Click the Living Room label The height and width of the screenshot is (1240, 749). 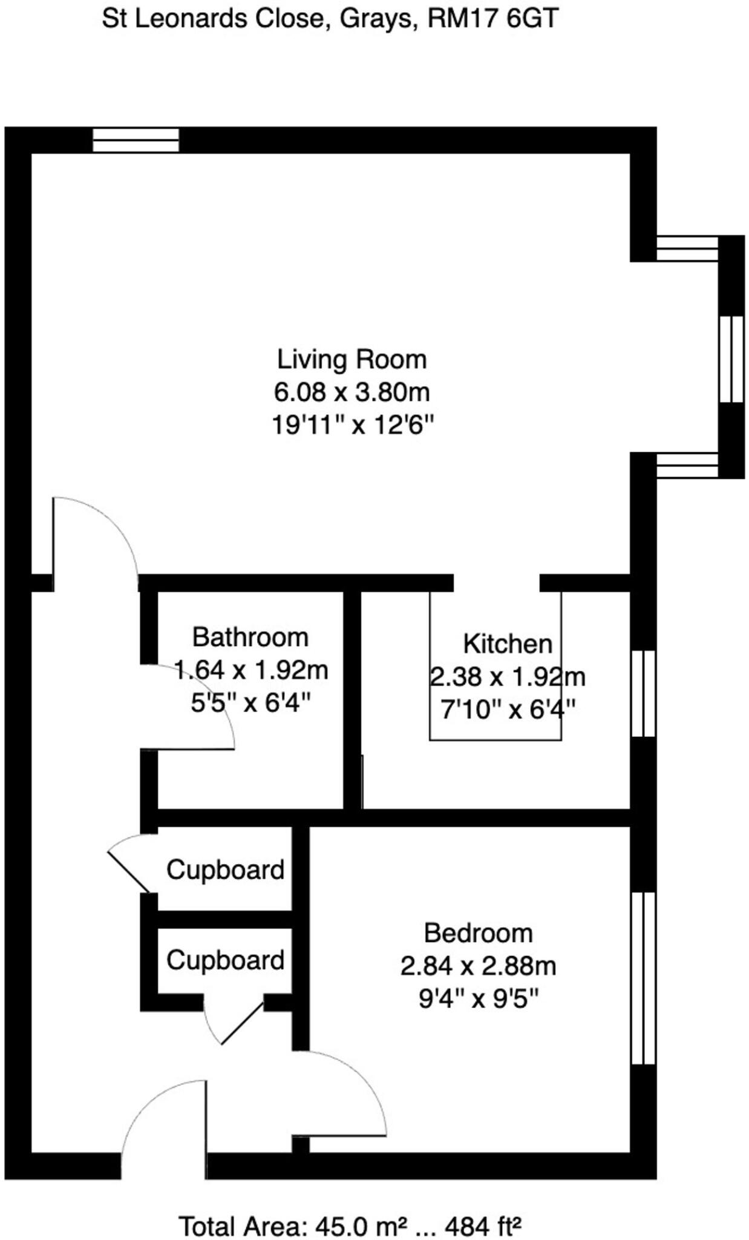(352, 360)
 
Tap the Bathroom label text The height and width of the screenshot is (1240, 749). (250, 638)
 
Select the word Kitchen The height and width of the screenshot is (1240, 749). (508, 644)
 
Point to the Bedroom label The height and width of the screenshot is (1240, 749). (478, 933)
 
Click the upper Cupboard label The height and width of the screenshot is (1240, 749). (225, 870)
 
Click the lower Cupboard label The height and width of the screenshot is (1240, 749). (225, 960)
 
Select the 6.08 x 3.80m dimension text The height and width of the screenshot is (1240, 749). (352, 392)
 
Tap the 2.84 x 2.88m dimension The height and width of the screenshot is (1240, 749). (478, 966)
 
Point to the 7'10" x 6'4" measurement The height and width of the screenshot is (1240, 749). (508, 709)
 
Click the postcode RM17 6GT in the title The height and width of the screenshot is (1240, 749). (492, 19)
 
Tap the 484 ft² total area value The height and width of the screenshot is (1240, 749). (483, 1227)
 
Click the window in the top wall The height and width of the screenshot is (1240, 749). (136, 140)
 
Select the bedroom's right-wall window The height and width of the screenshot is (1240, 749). (643, 978)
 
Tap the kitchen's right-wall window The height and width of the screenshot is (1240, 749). (643, 694)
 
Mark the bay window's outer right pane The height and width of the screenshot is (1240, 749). (731, 358)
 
